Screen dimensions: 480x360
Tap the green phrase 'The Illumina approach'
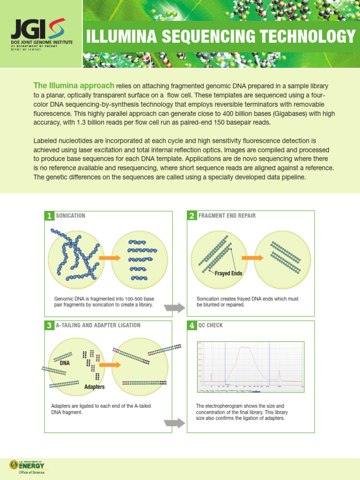coord(74,85)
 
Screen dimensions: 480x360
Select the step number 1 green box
coord(48,216)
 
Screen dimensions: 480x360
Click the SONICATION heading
coord(70,216)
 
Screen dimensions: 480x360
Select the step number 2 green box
coord(191,216)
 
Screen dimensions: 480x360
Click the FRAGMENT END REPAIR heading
coord(227,216)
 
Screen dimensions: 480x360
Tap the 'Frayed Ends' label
coord(228,273)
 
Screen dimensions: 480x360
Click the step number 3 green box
coord(48,325)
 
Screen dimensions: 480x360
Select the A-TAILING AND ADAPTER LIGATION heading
coord(98,325)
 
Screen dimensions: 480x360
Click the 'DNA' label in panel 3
coord(64,363)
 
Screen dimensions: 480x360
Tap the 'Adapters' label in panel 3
coord(94,387)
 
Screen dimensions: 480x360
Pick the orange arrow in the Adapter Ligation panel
coord(108,364)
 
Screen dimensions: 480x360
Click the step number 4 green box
coord(191,325)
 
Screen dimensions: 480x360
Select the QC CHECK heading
coord(210,325)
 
